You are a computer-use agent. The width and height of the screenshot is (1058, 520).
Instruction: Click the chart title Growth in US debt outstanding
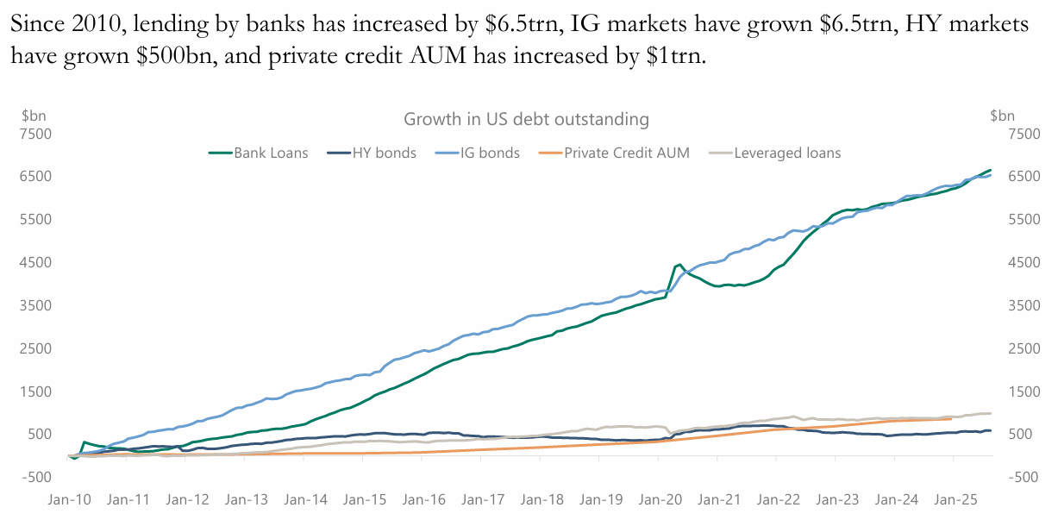(x=526, y=119)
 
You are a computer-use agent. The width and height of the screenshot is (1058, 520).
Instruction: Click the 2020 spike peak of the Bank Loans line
(x=679, y=265)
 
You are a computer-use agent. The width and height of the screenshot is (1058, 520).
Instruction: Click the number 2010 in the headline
(x=96, y=26)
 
